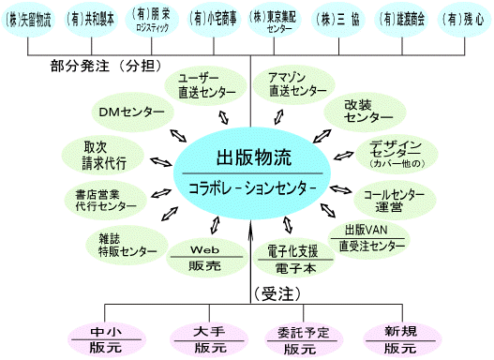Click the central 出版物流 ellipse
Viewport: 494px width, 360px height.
(x=251, y=169)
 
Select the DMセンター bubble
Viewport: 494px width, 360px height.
(x=132, y=112)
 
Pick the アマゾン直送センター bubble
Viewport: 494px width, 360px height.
(x=297, y=84)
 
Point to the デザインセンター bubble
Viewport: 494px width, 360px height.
(x=397, y=154)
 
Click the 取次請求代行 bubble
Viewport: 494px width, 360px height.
(x=98, y=155)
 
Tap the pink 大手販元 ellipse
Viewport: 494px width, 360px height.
(x=203, y=337)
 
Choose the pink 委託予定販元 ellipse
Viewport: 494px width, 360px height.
(x=297, y=337)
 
